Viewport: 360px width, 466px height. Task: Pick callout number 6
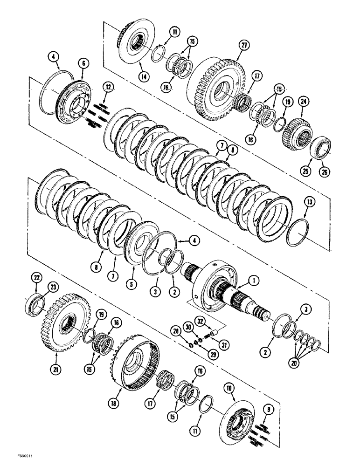pyautogui.click(x=84, y=62)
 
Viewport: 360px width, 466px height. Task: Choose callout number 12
pyautogui.click(x=108, y=87)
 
